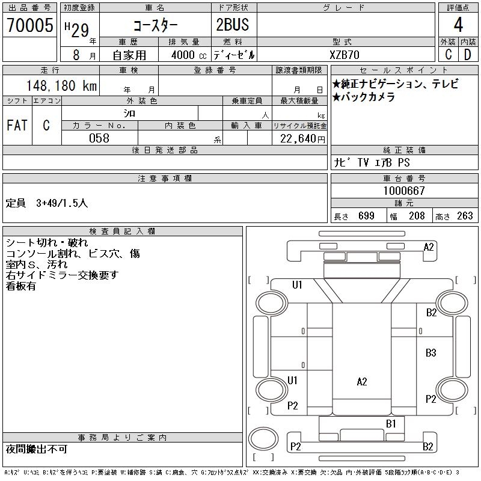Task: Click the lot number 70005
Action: tap(29, 25)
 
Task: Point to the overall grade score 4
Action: tap(458, 25)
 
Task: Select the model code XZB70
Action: tap(346, 55)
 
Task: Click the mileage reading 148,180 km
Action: tap(61, 86)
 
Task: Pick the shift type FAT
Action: tap(17, 126)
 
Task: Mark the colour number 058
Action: tap(99, 138)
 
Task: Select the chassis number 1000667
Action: tap(404, 191)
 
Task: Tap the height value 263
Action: tap(465, 216)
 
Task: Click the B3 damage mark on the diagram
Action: tap(430, 353)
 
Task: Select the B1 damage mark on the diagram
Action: tap(391, 424)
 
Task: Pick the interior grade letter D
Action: tap(467, 55)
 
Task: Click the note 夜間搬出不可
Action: tap(37, 450)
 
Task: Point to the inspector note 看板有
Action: tap(21, 286)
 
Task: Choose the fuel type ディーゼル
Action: tap(234, 55)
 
